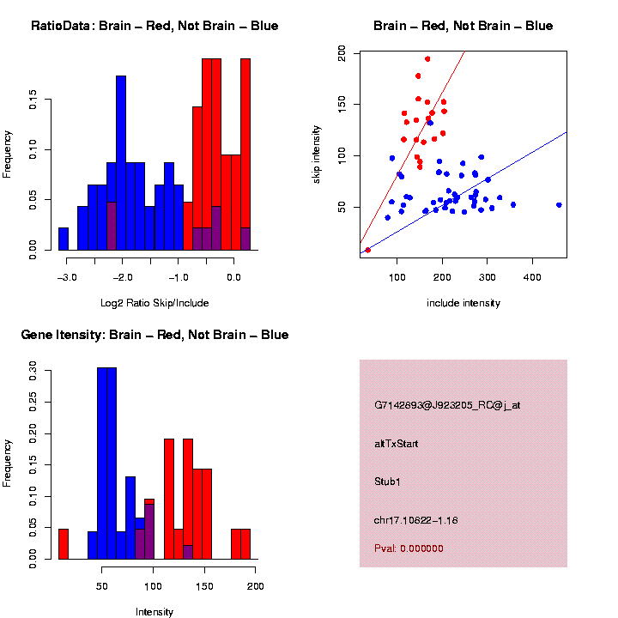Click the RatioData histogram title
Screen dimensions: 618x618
154,26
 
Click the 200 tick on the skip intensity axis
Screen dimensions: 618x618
342,53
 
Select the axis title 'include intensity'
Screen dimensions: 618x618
463,303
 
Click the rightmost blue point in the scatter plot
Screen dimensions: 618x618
559,205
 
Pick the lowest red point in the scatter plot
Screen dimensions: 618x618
368,250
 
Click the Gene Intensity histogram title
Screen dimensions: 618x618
154,335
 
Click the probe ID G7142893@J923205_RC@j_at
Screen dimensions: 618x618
447,405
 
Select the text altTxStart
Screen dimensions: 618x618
397,444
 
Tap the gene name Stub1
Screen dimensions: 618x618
387,482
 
